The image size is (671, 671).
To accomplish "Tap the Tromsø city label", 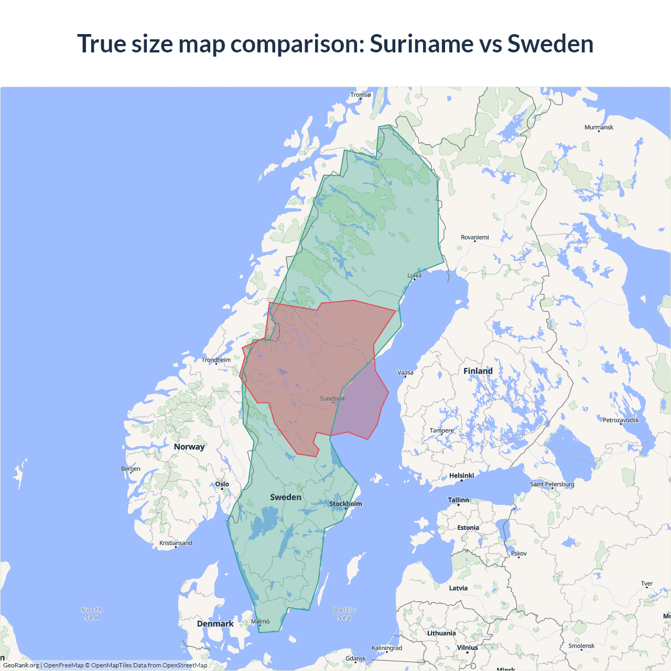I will [x=360, y=95].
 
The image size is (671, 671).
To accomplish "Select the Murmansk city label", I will [x=599, y=127].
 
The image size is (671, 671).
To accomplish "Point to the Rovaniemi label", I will [x=474, y=237].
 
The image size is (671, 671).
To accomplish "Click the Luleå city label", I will [x=415, y=275].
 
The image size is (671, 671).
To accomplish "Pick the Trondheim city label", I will [x=216, y=360].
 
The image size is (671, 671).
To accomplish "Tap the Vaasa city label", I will [x=405, y=373].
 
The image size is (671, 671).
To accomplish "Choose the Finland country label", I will [x=478, y=371].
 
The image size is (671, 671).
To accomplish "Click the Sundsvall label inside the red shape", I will [x=332, y=398].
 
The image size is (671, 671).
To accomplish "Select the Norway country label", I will [x=189, y=447].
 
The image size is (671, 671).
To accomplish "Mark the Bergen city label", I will [x=131, y=469].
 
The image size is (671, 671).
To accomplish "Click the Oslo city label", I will [x=222, y=484].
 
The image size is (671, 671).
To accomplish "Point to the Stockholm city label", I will [x=345, y=504].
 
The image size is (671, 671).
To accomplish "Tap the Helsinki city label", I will [x=461, y=475].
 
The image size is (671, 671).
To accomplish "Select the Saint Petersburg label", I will [x=552, y=484].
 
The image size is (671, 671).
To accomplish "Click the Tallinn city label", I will [x=458, y=500].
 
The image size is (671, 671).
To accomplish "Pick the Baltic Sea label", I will [x=344, y=614].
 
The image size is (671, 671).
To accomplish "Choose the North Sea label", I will [x=92, y=614].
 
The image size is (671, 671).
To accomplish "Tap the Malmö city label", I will [x=260, y=622].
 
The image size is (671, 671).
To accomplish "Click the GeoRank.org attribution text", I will [x=21, y=665].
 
